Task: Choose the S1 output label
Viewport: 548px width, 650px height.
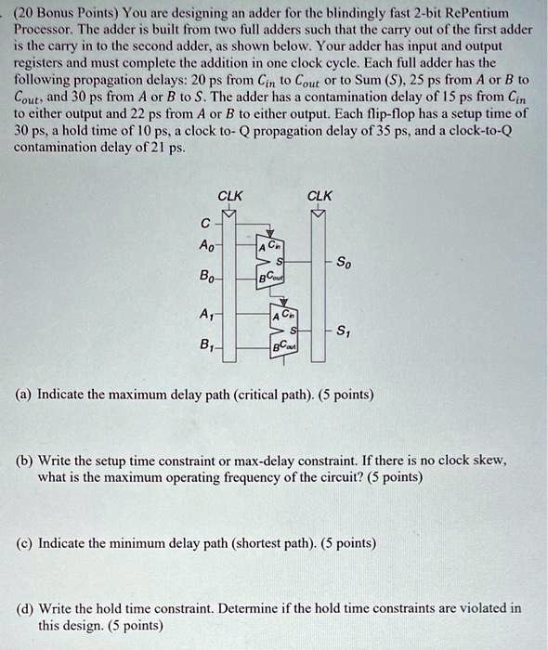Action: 344,331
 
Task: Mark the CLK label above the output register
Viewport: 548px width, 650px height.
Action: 320,196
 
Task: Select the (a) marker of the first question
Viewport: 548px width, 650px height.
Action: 27,395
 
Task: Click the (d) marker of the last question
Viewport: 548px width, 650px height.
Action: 27,608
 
